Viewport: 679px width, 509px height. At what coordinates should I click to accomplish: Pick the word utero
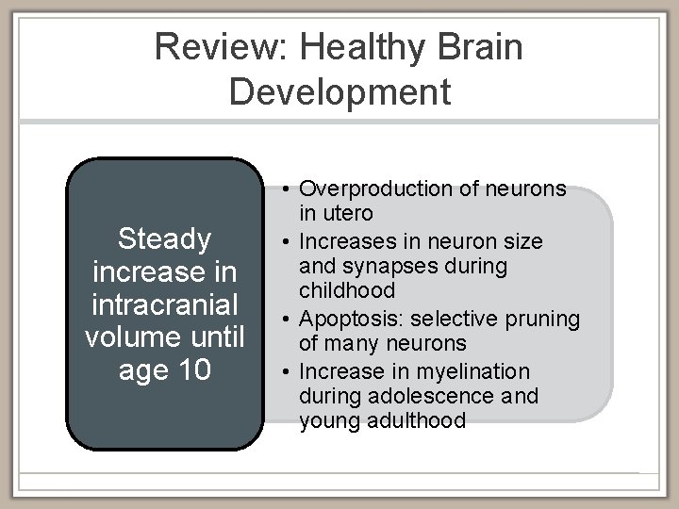coord(349,214)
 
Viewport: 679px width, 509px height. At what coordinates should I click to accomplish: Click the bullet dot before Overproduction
coord(286,189)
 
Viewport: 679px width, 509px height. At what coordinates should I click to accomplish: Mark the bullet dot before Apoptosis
coord(286,320)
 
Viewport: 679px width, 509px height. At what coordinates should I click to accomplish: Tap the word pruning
coord(545,320)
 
